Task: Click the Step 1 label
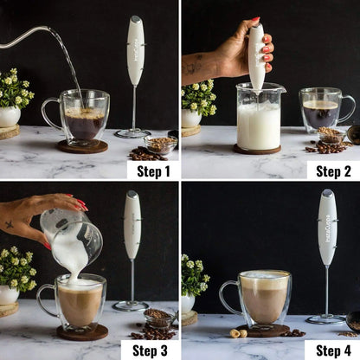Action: [153, 170]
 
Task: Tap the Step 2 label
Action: [332, 170]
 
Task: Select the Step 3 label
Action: [153, 350]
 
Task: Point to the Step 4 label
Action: [332, 350]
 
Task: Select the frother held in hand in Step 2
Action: [256, 56]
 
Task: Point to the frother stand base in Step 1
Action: [132, 133]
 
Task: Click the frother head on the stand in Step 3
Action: [132, 224]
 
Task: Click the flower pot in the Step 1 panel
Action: [10, 117]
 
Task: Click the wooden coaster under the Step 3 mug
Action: [82, 333]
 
